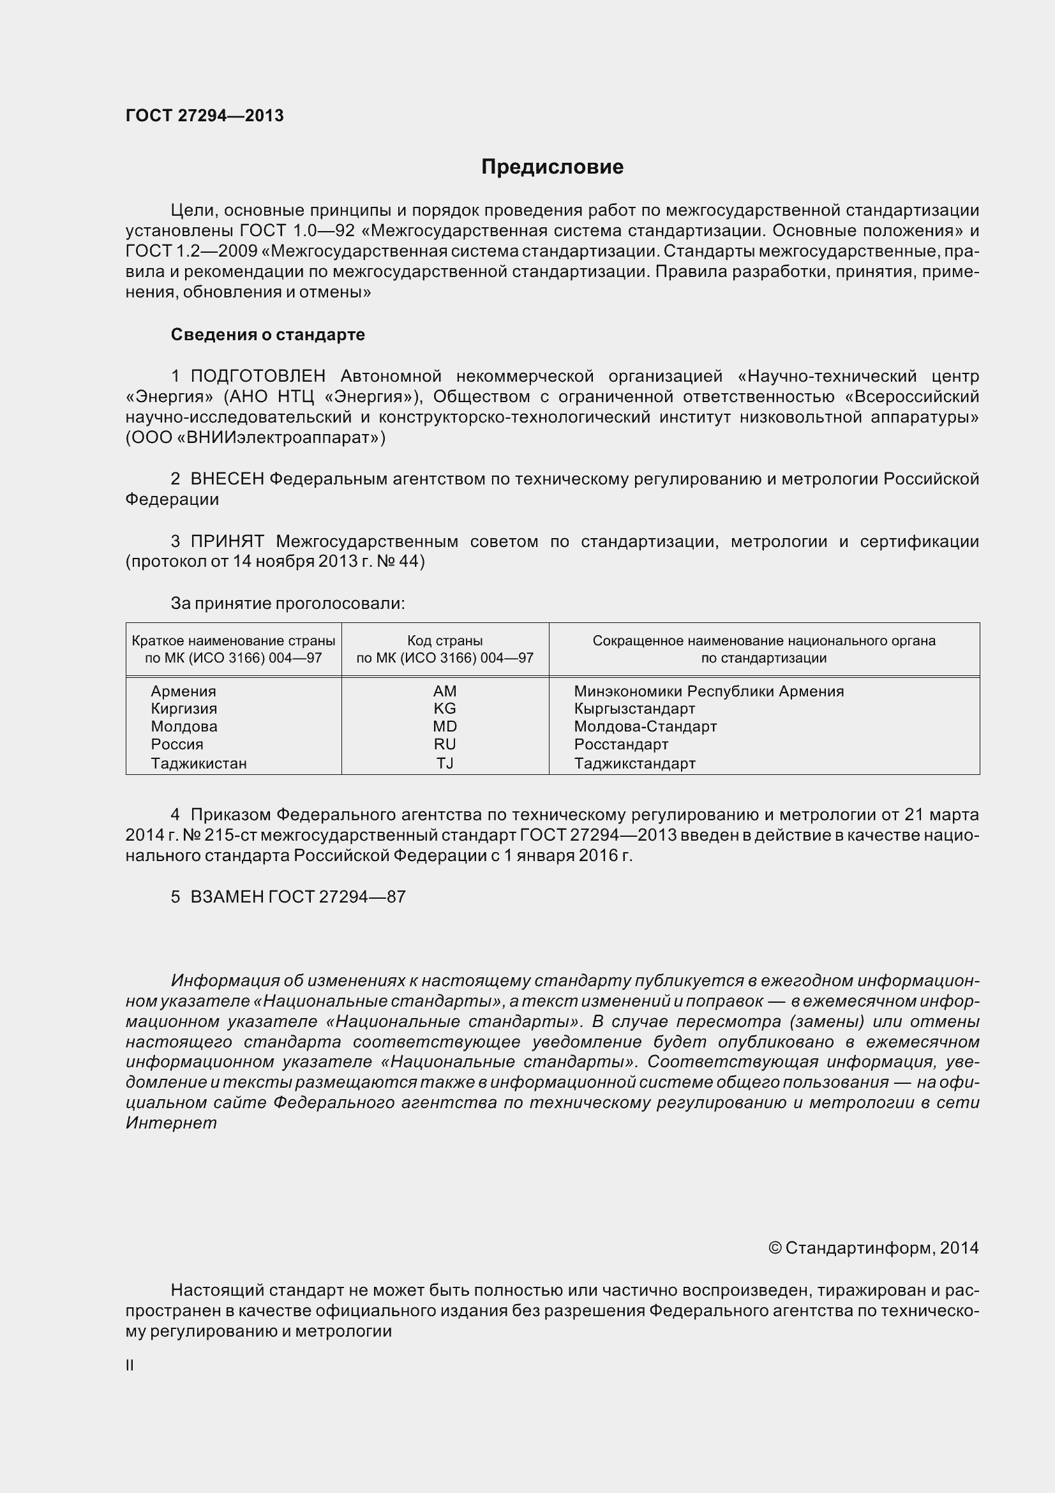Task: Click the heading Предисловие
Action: (x=552, y=167)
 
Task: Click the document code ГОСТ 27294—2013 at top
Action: (x=204, y=116)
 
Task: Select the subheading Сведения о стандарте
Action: (x=267, y=334)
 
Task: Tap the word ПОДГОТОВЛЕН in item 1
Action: (x=257, y=376)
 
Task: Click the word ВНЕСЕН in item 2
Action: (x=227, y=479)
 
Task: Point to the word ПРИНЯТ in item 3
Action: (x=227, y=541)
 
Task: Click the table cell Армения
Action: (x=183, y=691)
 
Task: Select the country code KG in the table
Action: (x=445, y=709)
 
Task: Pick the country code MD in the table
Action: (x=445, y=726)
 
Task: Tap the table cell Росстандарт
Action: (x=621, y=744)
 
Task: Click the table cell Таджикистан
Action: (x=198, y=763)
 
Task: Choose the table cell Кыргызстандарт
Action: (x=634, y=709)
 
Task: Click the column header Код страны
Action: (x=445, y=640)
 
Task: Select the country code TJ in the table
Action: (x=445, y=763)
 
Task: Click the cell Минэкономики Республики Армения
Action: (x=708, y=691)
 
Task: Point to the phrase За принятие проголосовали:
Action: (x=287, y=603)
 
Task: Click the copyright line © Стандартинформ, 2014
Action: (x=873, y=1248)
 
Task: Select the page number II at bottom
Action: (x=130, y=1365)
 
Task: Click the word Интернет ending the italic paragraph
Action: (x=171, y=1123)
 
